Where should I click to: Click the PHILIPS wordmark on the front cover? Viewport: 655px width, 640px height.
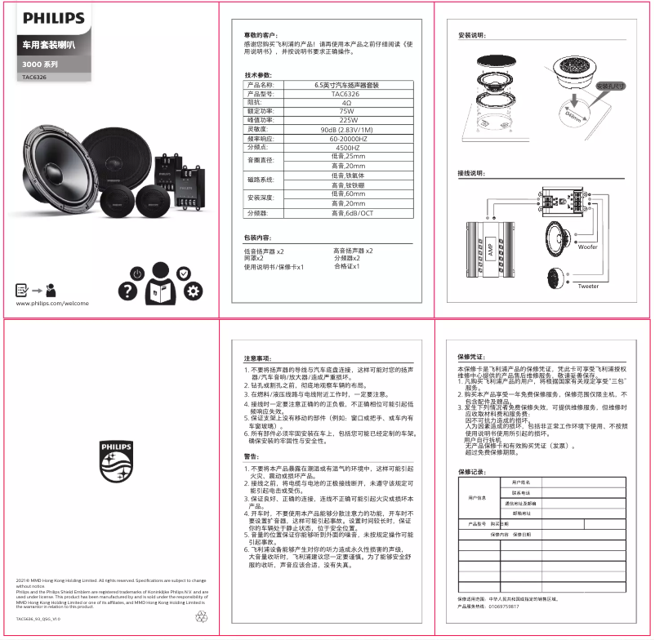pyautogui.click(x=53, y=18)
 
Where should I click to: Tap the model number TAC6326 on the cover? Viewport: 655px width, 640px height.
pyautogui.click(x=35, y=78)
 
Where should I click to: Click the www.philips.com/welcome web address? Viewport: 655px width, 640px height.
pyautogui.click(x=52, y=303)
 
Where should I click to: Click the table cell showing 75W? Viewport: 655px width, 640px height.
pyautogui.click(x=346, y=111)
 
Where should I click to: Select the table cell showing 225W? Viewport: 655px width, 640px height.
pyautogui.click(x=346, y=120)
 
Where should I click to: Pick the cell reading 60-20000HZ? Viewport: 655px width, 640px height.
pyautogui.click(x=346, y=138)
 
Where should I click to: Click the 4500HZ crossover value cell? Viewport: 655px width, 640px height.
pyautogui.click(x=346, y=147)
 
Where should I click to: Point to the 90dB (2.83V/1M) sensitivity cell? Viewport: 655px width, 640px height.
pyautogui.click(x=346, y=129)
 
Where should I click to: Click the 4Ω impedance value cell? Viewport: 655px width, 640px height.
pyautogui.click(x=346, y=103)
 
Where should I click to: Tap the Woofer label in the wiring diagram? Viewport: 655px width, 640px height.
pyautogui.click(x=587, y=246)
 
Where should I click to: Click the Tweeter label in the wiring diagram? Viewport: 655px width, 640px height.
pyautogui.click(x=587, y=287)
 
